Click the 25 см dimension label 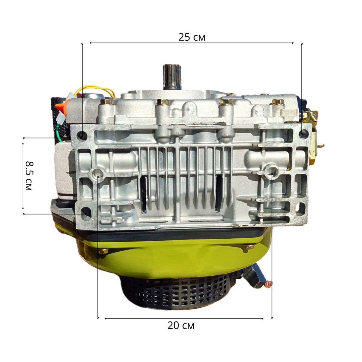192,37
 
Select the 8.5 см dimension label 29,176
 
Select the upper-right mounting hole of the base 303,134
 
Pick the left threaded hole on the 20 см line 97,173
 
